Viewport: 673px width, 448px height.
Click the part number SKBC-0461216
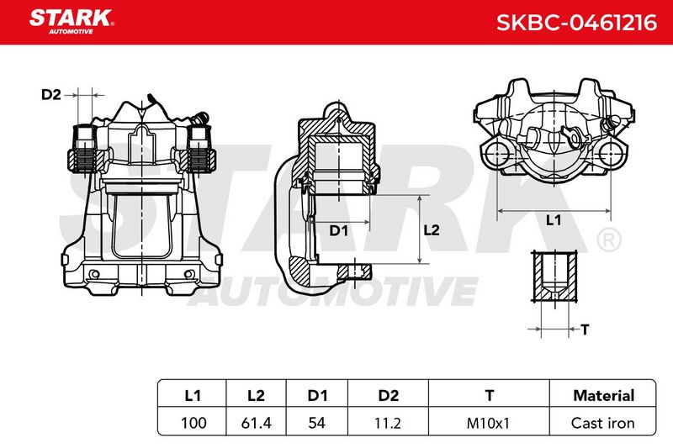(x=576, y=23)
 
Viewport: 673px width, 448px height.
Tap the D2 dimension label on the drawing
(x=51, y=94)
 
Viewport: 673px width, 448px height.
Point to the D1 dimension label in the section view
(x=338, y=230)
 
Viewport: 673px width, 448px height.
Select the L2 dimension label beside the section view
(x=432, y=230)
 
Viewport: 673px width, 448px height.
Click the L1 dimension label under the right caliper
(x=554, y=220)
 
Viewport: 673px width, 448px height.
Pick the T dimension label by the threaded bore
(x=585, y=329)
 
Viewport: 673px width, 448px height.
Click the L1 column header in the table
(x=193, y=395)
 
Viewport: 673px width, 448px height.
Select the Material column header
(x=603, y=395)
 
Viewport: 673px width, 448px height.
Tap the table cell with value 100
(x=193, y=423)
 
